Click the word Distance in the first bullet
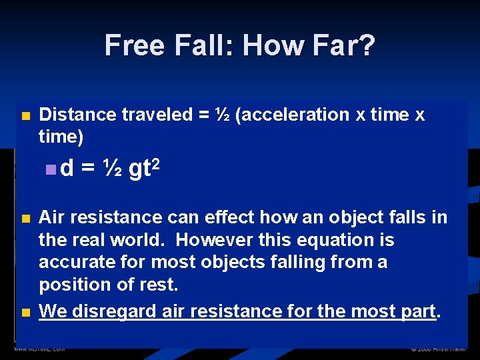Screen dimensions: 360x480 (x=77, y=115)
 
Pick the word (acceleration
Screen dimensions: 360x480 (x=292, y=115)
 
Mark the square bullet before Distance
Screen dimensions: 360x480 (x=25, y=116)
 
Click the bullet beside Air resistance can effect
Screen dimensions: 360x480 (x=25, y=219)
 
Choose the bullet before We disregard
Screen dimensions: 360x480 (x=25, y=312)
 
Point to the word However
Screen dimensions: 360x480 (x=207, y=240)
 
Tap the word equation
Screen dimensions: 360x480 (x=330, y=240)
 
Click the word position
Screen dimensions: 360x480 (x=71, y=285)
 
